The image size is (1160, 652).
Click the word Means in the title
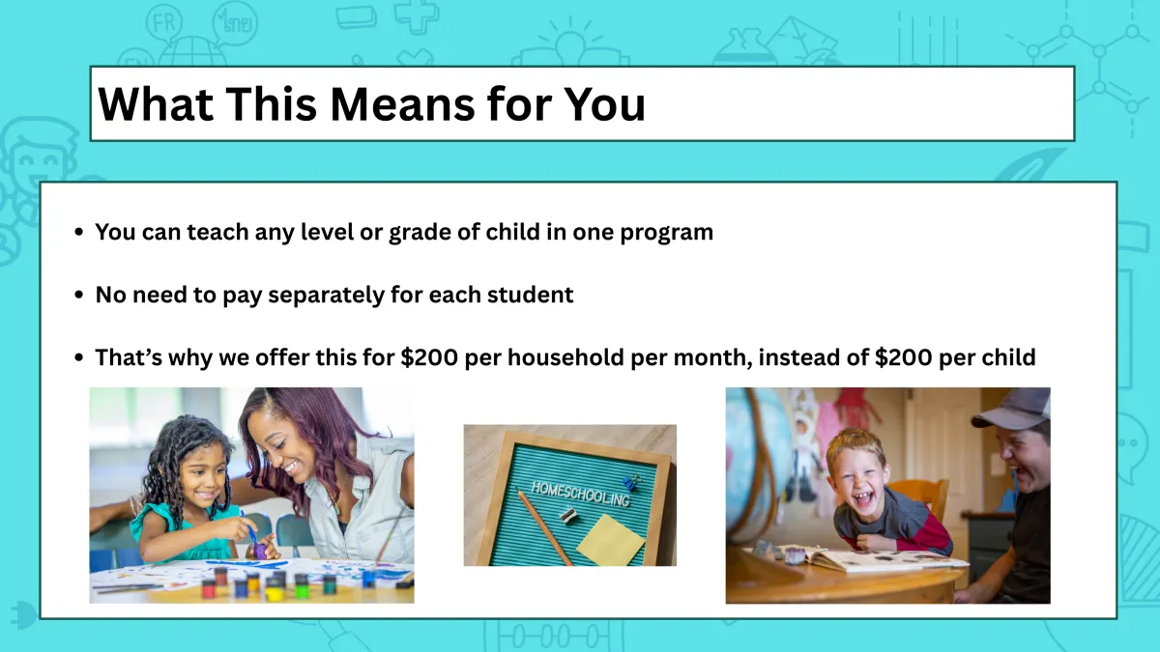(402, 104)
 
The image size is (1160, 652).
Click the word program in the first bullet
(666, 233)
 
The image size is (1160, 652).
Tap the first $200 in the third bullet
(429, 357)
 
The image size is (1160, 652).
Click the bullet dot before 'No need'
(78, 295)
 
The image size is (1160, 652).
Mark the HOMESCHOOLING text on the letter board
(581, 494)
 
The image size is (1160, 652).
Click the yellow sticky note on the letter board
(611, 539)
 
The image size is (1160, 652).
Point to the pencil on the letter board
(545, 528)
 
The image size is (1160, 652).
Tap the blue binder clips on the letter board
(630, 482)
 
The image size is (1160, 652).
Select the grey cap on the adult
(1013, 408)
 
